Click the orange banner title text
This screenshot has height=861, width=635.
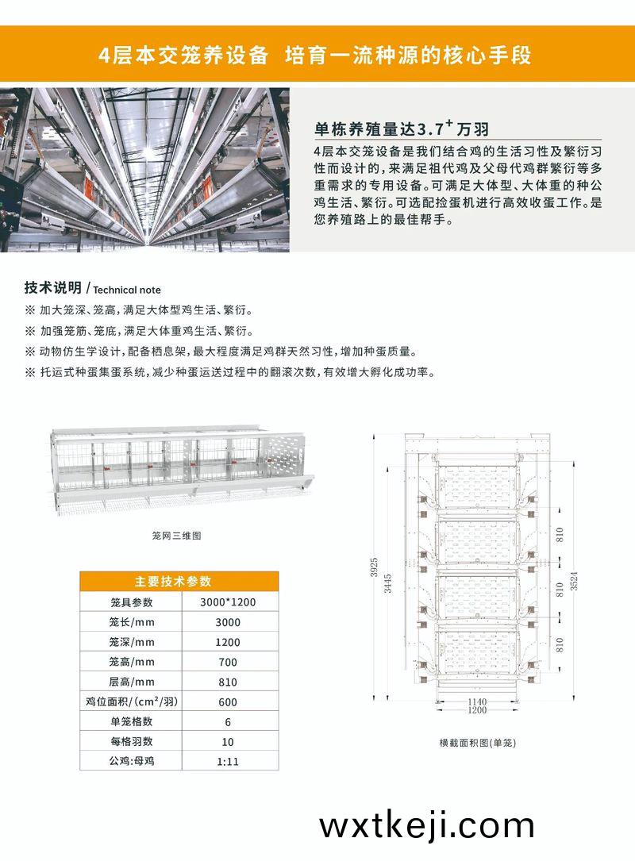tap(315, 55)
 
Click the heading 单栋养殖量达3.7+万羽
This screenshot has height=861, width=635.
tap(402, 128)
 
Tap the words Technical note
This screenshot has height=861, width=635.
tap(127, 290)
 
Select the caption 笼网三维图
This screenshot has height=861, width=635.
tap(176, 536)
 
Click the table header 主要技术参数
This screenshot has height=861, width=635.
tap(173, 582)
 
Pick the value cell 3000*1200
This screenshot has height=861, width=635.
tap(228, 602)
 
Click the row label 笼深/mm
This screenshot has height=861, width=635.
tap(131, 642)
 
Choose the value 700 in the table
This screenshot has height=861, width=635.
tap(228, 663)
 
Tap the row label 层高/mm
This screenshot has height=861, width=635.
tap(131, 682)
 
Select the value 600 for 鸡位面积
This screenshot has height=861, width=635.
tap(228, 701)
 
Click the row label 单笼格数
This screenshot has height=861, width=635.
tap(131, 721)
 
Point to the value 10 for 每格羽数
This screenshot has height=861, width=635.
tap(228, 742)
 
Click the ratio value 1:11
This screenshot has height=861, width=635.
tap(228, 762)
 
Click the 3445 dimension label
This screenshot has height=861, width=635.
tap(388, 582)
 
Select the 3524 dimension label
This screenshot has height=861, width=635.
tap(574, 581)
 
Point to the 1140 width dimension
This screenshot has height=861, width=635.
tap(477, 701)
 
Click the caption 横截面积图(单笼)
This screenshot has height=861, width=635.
tap(477, 743)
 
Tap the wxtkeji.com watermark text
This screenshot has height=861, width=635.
tap(427, 824)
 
